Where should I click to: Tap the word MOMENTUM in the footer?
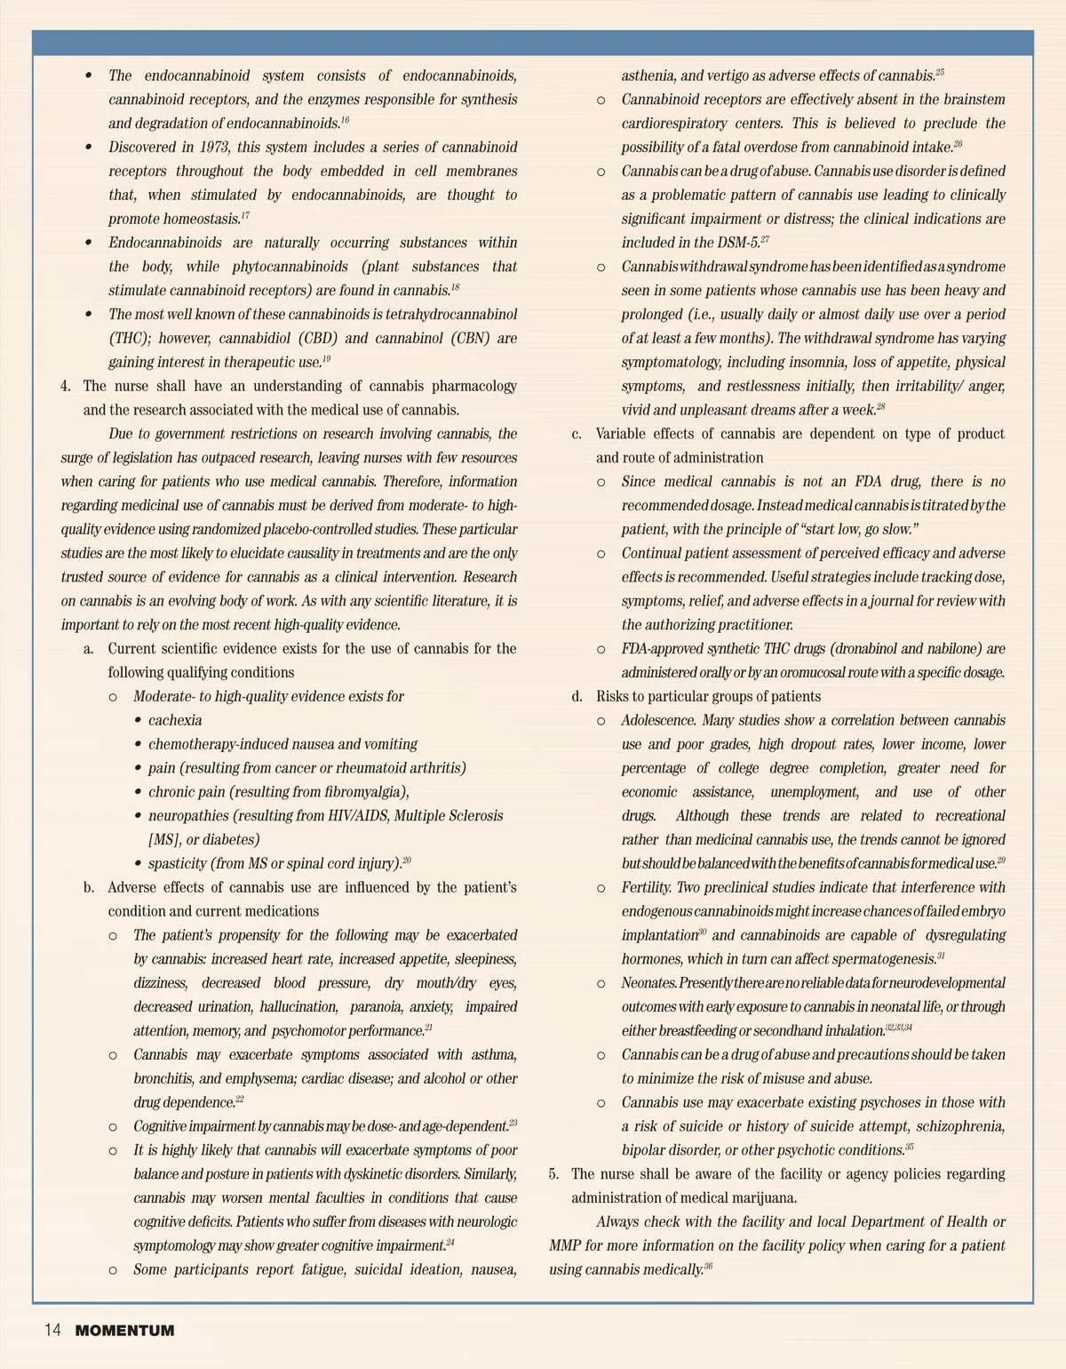click(124, 1331)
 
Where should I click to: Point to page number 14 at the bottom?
click(52, 1331)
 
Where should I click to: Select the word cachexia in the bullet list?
click(175, 720)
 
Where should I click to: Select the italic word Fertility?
click(647, 887)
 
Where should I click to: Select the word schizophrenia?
click(960, 1126)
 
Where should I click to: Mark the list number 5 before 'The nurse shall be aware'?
click(553, 1173)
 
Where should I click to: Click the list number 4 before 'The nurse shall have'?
click(65, 386)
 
